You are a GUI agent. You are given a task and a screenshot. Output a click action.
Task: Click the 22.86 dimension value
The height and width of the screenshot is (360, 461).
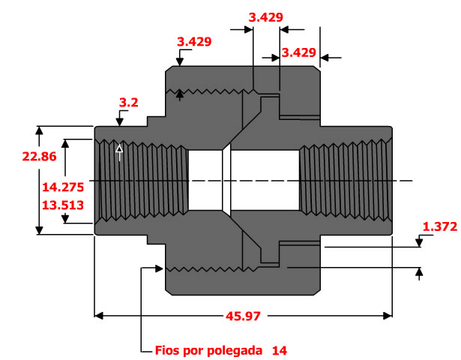click(x=39, y=157)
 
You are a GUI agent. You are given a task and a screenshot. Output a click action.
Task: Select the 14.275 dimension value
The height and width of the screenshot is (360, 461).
click(x=63, y=187)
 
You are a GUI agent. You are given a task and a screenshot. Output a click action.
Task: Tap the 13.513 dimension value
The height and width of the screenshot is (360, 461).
click(x=63, y=205)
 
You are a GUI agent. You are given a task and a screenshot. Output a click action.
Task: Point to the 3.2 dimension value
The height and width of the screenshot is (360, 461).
click(x=128, y=103)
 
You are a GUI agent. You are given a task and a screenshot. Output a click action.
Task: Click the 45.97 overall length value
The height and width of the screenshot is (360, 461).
click(x=243, y=316)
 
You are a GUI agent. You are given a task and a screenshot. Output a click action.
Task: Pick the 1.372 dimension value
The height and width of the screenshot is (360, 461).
click(x=440, y=226)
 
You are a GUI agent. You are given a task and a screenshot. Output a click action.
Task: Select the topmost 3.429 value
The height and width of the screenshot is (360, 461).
click(x=266, y=17)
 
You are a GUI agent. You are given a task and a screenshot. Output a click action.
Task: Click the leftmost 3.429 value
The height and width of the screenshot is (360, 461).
click(x=194, y=42)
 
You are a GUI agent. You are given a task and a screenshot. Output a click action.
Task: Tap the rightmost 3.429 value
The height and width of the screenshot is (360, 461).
click(x=298, y=52)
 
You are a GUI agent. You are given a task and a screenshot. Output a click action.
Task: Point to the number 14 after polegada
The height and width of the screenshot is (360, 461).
click(x=280, y=350)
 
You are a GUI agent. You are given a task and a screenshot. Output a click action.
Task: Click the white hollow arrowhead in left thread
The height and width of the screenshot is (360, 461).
click(x=119, y=148)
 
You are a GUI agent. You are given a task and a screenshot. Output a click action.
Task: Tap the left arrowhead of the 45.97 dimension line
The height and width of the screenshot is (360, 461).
click(x=98, y=316)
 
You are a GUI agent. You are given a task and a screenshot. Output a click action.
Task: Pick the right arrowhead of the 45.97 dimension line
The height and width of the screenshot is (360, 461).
click(x=388, y=316)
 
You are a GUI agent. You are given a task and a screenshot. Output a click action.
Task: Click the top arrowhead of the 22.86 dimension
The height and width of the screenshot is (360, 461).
click(x=39, y=130)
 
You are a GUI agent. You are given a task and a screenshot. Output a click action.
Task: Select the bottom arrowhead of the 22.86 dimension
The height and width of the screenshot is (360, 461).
click(x=39, y=230)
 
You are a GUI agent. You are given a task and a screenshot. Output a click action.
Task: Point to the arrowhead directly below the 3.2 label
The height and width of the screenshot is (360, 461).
click(x=119, y=121)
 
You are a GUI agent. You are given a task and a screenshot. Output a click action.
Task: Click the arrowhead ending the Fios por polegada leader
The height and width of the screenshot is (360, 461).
click(x=159, y=268)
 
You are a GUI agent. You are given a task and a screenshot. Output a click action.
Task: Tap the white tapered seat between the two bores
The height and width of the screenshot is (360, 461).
click(x=226, y=180)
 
